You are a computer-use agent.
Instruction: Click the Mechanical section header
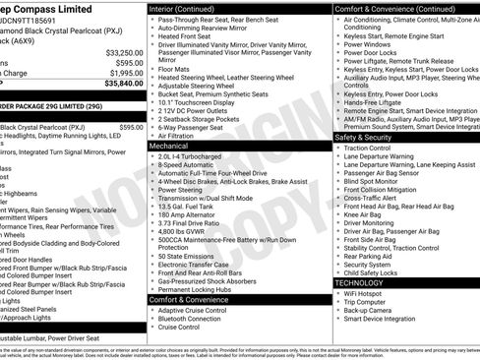click(169, 144)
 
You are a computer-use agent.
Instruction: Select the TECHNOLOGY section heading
click(366, 281)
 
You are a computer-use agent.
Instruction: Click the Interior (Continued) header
click(189, 7)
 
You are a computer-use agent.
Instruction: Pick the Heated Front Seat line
click(186, 36)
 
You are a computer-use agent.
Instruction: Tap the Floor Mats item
click(174, 70)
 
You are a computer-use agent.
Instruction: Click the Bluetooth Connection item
click(190, 319)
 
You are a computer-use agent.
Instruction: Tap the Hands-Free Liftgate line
click(374, 101)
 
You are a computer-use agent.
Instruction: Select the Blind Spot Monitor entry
click(371, 181)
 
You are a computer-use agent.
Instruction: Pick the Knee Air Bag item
click(364, 214)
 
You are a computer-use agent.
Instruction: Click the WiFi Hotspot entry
click(365, 293)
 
